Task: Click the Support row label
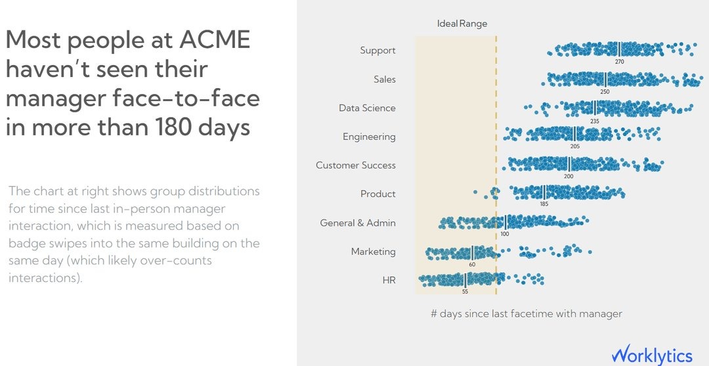(x=377, y=51)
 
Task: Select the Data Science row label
(x=367, y=108)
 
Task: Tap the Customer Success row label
(x=355, y=166)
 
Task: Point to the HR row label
(x=389, y=281)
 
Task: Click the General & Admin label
(x=358, y=223)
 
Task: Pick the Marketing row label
(x=373, y=252)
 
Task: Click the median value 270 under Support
(x=619, y=61)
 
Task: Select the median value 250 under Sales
(x=605, y=91)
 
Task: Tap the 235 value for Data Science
(x=595, y=120)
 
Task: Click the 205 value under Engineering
(x=575, y=147)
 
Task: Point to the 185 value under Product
(x=544, y=204)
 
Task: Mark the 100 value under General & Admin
(x=504, y=233)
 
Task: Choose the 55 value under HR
(x=465, y=291)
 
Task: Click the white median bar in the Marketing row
(x=472, y=252)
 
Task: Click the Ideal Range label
(x=462, y=24)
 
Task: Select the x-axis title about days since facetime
(x=526, y=314)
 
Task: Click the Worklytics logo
(x=652, y=355)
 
